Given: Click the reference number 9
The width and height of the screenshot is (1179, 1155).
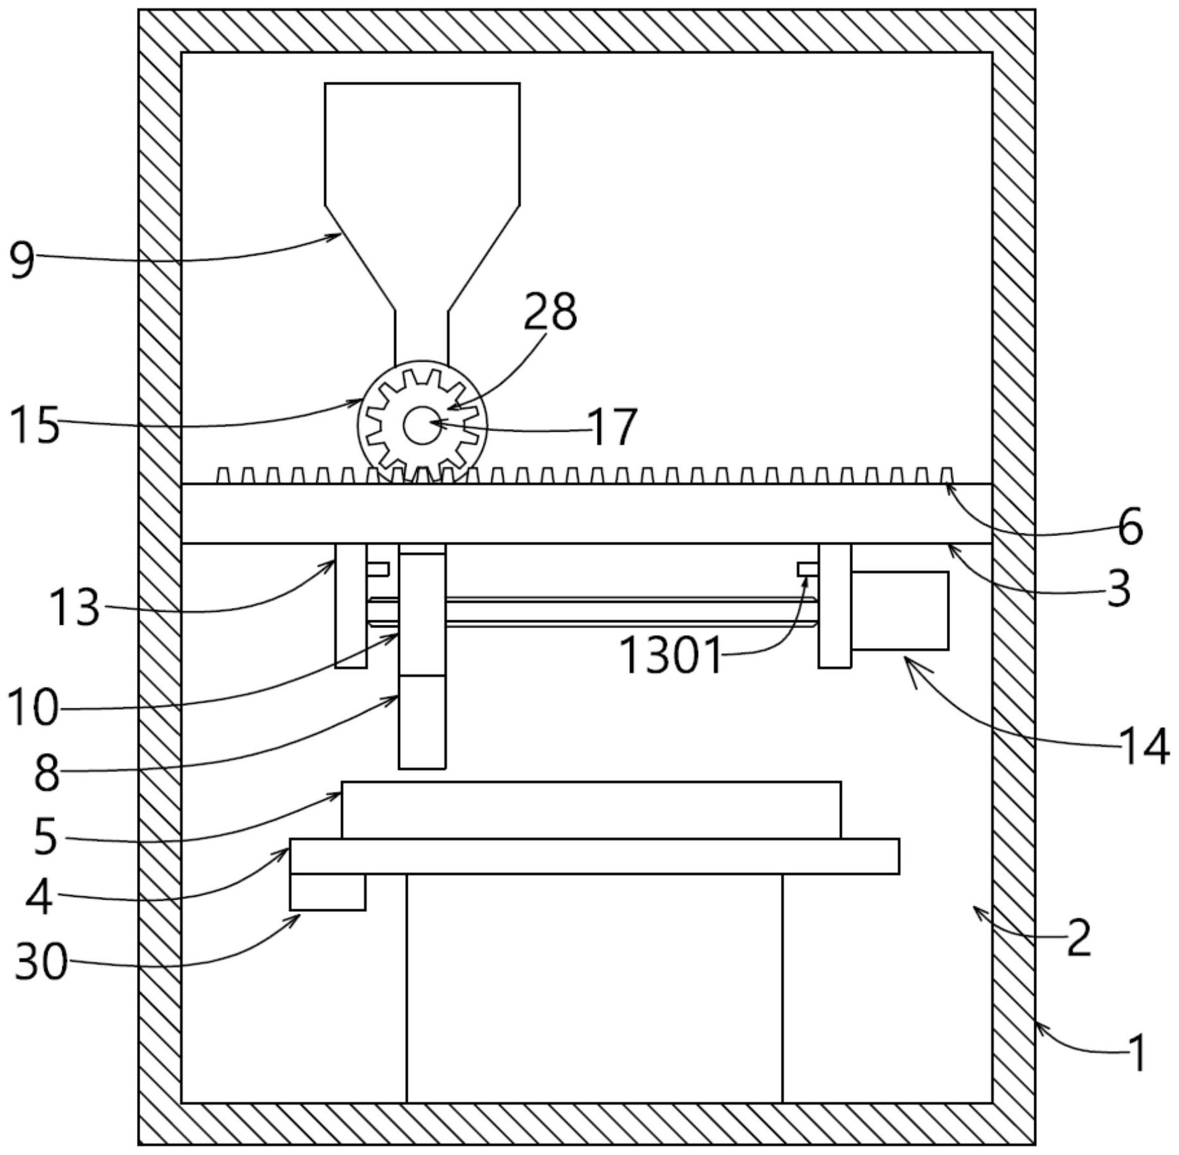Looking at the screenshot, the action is (x=22, y=260).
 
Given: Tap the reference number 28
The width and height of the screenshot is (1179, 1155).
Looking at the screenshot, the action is (x=550, y=312).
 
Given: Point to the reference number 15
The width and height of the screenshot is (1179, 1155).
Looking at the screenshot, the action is (x=35, y=425).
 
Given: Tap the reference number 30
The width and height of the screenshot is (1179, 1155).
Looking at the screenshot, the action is (x=41, y=962).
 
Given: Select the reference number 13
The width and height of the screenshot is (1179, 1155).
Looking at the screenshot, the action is (x=75, y=607).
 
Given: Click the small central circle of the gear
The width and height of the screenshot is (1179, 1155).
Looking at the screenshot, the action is (x=422, y=425).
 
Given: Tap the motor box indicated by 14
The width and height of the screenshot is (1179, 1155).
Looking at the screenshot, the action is (x=899, y=610).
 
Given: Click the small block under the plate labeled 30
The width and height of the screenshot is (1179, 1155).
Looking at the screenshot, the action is (x=327, y=892).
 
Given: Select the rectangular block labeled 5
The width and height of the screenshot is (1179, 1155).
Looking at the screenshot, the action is (x=591, y=810).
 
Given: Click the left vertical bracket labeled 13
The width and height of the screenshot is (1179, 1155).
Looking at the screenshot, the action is (x=351, y=605).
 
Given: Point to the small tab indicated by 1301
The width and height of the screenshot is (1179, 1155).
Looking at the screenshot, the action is (x=808, y=569).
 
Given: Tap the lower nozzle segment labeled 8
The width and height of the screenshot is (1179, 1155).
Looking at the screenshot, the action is (x=422, y=722).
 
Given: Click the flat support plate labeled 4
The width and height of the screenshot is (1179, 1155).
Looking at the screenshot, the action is (x=594, y=856).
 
